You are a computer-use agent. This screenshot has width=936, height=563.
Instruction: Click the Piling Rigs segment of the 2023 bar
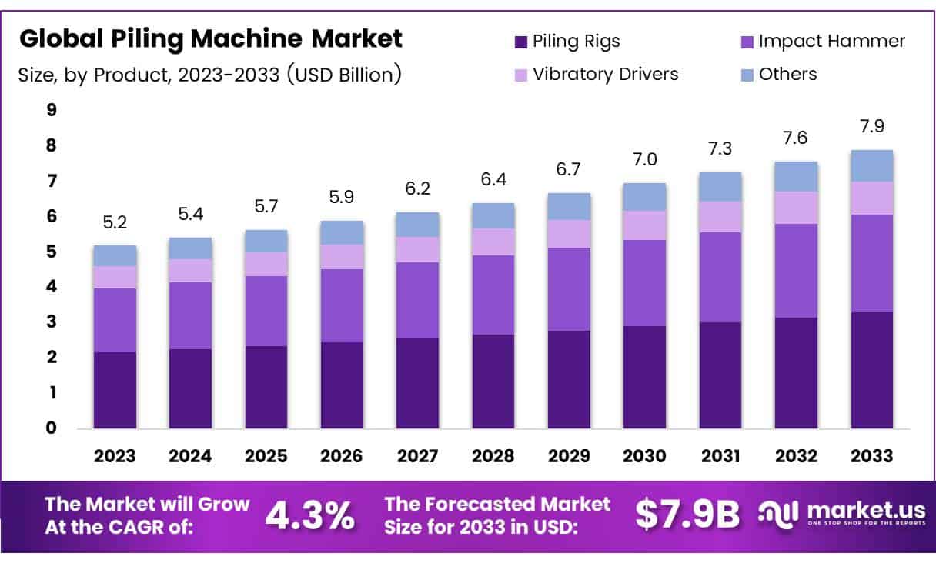[x=115, y=390]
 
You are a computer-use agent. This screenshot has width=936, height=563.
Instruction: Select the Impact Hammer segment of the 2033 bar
[x=871, y=263]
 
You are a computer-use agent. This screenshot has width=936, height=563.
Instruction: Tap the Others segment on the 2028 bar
[x=493, y=215]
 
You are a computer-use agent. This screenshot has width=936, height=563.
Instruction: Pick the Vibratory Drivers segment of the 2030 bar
[x=644, y=225]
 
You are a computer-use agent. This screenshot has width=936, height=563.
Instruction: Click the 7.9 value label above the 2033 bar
[x=871, y=125]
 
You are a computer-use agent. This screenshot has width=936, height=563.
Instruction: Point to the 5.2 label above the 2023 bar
[x=115, y=222]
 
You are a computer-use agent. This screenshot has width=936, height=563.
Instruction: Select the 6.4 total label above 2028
[x=493, y=180]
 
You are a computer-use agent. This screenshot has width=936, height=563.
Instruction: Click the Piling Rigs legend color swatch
[x=520, y=42]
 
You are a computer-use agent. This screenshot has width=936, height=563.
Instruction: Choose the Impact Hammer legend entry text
[x=831, y=41]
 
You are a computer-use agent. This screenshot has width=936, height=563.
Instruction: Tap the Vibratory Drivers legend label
[x=605, y=74]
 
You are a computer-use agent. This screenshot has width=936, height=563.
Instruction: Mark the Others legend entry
[x=787, y=74]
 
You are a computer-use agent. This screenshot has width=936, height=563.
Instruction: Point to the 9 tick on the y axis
[x=52, y=110]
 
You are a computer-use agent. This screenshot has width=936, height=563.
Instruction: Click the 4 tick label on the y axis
[x=52, y=287]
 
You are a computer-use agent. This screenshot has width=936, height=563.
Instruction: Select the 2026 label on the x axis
[x=342, y=455]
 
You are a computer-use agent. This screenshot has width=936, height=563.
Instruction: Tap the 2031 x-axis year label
[x=720, y=455]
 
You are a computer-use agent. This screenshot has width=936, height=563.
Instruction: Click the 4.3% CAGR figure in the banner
[x=310, y=516]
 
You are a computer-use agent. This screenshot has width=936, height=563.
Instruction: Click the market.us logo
[x=834, y=515]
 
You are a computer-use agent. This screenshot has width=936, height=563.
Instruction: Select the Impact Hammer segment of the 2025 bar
[x=266, y=311]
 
